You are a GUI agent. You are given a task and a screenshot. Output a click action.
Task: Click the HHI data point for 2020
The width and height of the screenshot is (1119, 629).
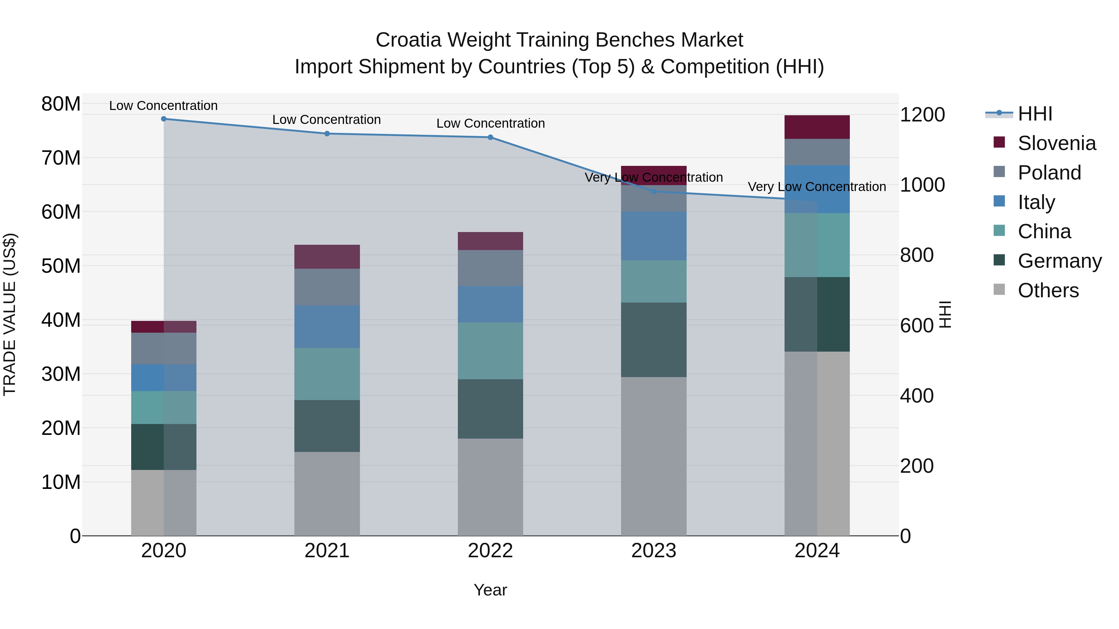pyautogui.click(x=164, y=119)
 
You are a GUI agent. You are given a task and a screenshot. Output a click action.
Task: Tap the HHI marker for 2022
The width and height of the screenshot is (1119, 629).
pyautogui.click(x=490, y=137)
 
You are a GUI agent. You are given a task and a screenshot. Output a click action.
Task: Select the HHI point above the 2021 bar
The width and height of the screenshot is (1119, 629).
pyautogui.click(x=327, y=134)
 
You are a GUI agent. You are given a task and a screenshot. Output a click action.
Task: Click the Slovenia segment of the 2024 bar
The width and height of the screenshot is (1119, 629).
pyautogui.click(x=817, y=127)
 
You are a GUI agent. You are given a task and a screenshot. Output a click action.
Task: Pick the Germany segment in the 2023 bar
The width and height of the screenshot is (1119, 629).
pyautogui.click(x=654, y=340)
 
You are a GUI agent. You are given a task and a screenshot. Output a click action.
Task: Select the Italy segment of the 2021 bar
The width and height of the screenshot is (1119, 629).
pyautogui.click(x=327, y=326)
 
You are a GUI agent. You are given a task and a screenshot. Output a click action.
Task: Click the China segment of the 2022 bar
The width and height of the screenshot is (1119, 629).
pyautogui.click(x=490, y=351)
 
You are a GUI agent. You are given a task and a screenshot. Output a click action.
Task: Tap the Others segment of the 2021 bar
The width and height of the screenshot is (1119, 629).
pyautogui.click(x=327, y=494)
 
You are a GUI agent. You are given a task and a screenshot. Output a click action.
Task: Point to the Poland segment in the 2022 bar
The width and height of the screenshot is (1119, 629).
pyautogui.click(x=490, y=268)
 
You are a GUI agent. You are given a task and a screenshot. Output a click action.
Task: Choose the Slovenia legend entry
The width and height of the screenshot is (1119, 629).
pyautogui.click(x=1057, y=143)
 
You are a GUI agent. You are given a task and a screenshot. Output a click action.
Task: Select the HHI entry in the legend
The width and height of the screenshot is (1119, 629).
pyautogui.click(x=1035, y=114)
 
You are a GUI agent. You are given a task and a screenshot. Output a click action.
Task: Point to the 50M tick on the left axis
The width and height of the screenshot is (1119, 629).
pyautogui.click(x=61, y=266)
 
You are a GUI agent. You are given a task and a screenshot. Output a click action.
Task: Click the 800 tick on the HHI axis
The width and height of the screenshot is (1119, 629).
pyautogui.click(x=917, y=255)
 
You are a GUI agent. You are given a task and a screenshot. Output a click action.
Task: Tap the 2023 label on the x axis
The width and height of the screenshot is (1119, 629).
pyautogui.click(x=654, y=551)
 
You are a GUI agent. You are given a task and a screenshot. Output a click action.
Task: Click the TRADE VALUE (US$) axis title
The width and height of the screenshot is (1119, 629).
pyautogui.click(x=10, y=314)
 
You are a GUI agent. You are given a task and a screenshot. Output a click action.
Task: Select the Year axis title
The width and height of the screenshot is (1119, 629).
pyautogui.click(x=490, y=590)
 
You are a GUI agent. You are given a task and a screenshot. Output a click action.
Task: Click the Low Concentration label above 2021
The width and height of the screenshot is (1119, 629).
pyautogui.click(x=327, y=120)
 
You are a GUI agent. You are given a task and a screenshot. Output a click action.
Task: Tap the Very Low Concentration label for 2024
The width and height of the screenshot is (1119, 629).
pyautogui.click(x=817, y=187)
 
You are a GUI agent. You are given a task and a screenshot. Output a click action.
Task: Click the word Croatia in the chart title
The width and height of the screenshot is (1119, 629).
pyautogui.click(x=409, y=40)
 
